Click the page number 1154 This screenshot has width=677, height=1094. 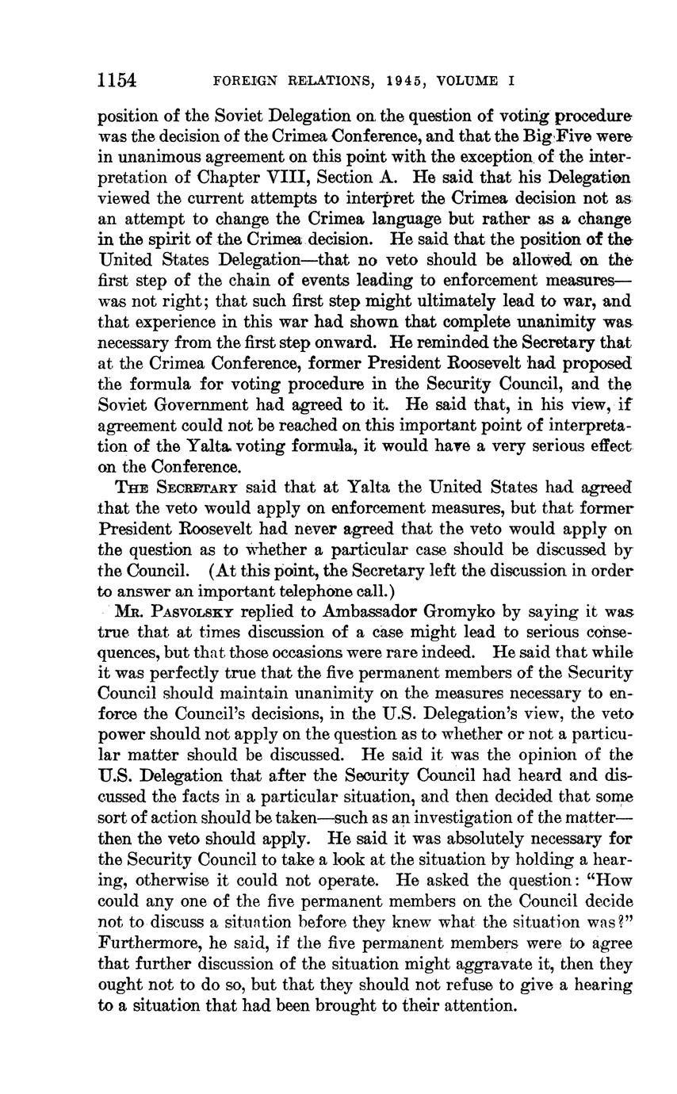[x=117, y=80]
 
